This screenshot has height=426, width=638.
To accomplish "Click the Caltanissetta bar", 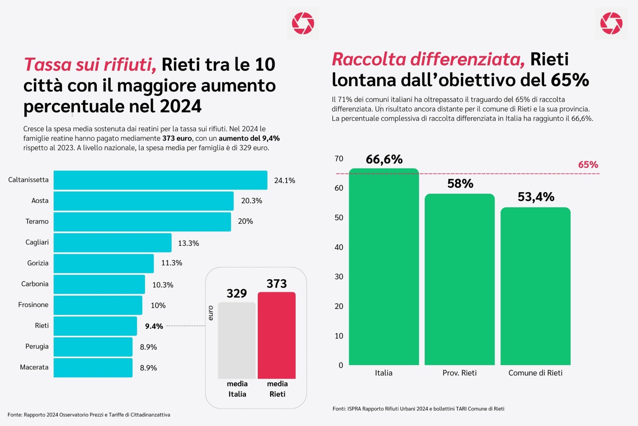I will click(160, 180).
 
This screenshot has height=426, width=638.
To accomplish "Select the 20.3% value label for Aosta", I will click(251, 201).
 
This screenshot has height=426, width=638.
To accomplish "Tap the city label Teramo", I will click(37, 221).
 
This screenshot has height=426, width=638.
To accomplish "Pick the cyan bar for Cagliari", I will click(112, 243).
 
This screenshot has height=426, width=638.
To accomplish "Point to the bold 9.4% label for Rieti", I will click(154, 326).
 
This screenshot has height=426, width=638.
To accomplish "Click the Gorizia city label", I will click(38, 263).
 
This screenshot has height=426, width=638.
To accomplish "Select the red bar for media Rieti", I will click(276, 335).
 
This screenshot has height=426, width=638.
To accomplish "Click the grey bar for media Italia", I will click(237, 340).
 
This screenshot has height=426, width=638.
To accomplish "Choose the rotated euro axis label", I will click(211, 313).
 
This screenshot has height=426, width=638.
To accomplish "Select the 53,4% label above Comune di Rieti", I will click(536, 197).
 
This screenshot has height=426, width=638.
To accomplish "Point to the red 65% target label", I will click(588, 165).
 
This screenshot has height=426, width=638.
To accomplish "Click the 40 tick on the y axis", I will click(339, 247).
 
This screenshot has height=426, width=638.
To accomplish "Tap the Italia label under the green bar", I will click(384, 373).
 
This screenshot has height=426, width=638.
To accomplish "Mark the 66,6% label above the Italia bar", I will click(384, 159).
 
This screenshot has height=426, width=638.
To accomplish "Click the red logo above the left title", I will click(303, 23).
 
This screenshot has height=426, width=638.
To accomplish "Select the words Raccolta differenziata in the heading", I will click(428, 59).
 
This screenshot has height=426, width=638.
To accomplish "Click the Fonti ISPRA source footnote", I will click(418, 409).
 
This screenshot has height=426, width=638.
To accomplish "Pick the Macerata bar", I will click(93, 368).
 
